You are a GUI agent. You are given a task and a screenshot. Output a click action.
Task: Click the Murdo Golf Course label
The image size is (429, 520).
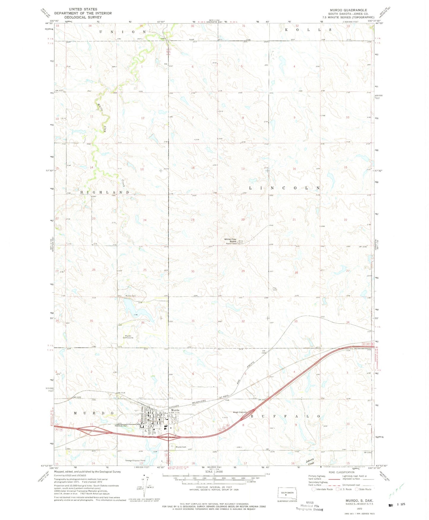coord(128,337)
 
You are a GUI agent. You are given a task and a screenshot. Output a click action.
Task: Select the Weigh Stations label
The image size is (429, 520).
coord(240,412)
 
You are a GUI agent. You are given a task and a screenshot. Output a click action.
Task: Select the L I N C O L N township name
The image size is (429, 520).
coord(284,188)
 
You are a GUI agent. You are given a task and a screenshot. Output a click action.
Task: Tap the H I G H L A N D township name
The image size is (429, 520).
coord(105,193)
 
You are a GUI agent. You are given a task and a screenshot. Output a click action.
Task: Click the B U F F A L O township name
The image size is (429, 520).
coord(285,416)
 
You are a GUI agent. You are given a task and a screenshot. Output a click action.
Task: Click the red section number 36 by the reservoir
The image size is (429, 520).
coord(143,322)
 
